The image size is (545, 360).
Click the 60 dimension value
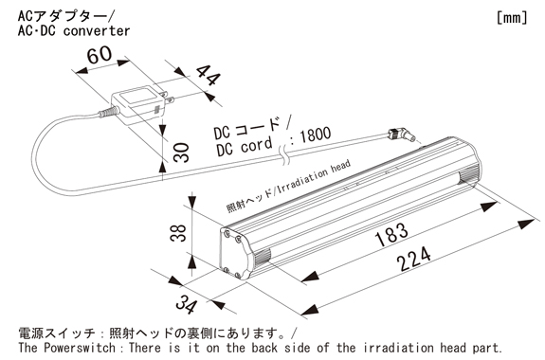(x=100, y=55)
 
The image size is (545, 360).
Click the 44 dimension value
(x=208, y=76)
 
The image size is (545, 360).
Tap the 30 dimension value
(x=181, y=153)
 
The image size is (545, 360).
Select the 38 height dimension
(x=178, y=233)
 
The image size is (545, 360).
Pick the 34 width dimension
(x=187, y=304)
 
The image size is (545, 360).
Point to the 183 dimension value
(x=391, y=234)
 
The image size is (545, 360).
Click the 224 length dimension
(x=413, y=259)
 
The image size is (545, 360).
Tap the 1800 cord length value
(x=315, y=135)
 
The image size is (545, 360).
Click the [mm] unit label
(x=512, y=17)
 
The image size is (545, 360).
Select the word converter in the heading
(x=97, y=31)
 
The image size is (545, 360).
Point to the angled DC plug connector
(x=402, y=135)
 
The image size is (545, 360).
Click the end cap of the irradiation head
(x=236, y=253)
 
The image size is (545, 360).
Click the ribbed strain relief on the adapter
(x=108, y=112)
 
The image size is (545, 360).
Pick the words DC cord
(x=244, y=147)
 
